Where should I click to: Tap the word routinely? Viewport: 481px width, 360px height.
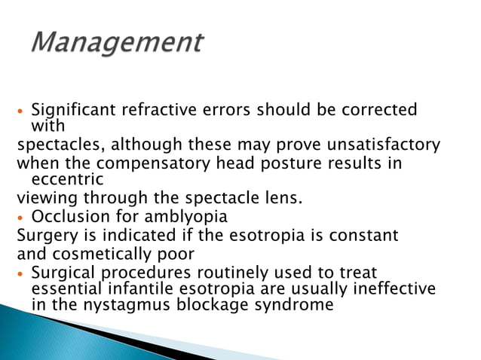click(x=218, y=272)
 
